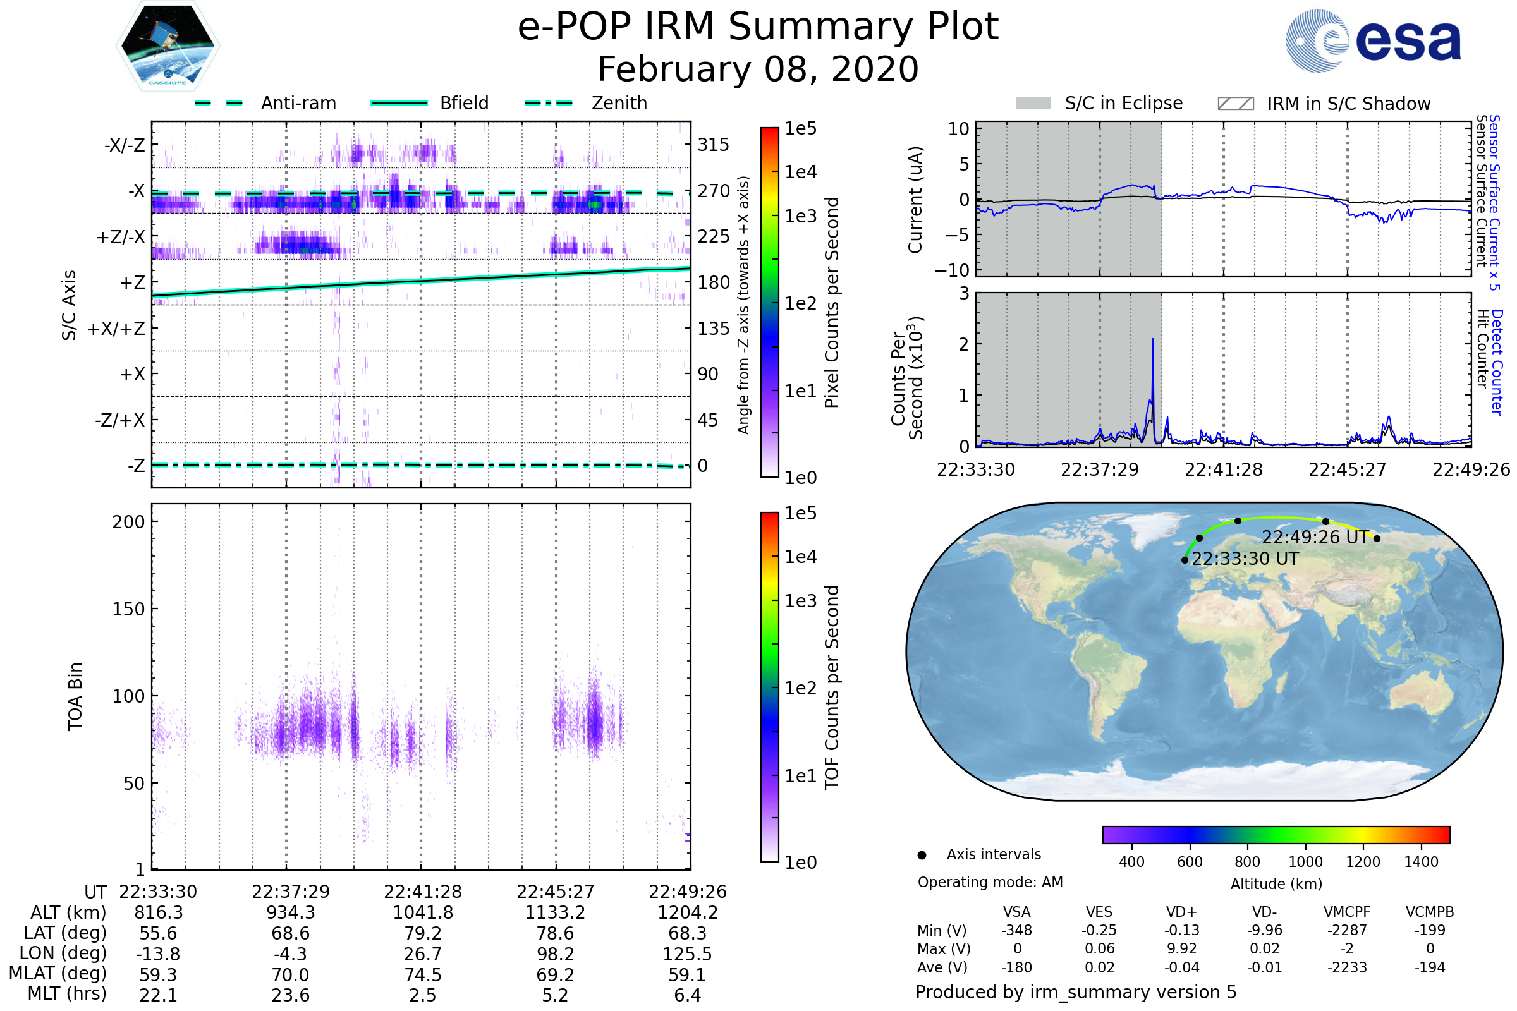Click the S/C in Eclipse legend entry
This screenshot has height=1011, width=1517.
pos(1099,103)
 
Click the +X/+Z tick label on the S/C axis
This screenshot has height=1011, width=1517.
pos(116,329)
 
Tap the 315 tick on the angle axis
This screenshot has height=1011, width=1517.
pos(714,145)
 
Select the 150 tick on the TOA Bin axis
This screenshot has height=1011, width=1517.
pos(128,609)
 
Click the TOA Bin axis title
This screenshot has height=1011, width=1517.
pos(75,696)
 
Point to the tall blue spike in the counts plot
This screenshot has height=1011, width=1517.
pos(1152,342)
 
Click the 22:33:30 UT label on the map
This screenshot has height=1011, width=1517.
pos(1245,559)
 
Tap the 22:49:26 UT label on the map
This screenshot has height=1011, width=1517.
pos(1315,537)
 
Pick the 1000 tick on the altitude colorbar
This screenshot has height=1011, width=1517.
pos(1305,862)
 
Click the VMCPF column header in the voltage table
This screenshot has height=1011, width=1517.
pos(1347,912)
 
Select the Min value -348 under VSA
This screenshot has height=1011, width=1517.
pos(1016,930)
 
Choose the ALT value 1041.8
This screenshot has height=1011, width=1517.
pos(422,913)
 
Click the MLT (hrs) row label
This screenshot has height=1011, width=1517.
pos(66,993)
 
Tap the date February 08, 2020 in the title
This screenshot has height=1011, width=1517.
pos(758,69)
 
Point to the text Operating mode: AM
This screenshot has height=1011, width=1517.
pos(990,882)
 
